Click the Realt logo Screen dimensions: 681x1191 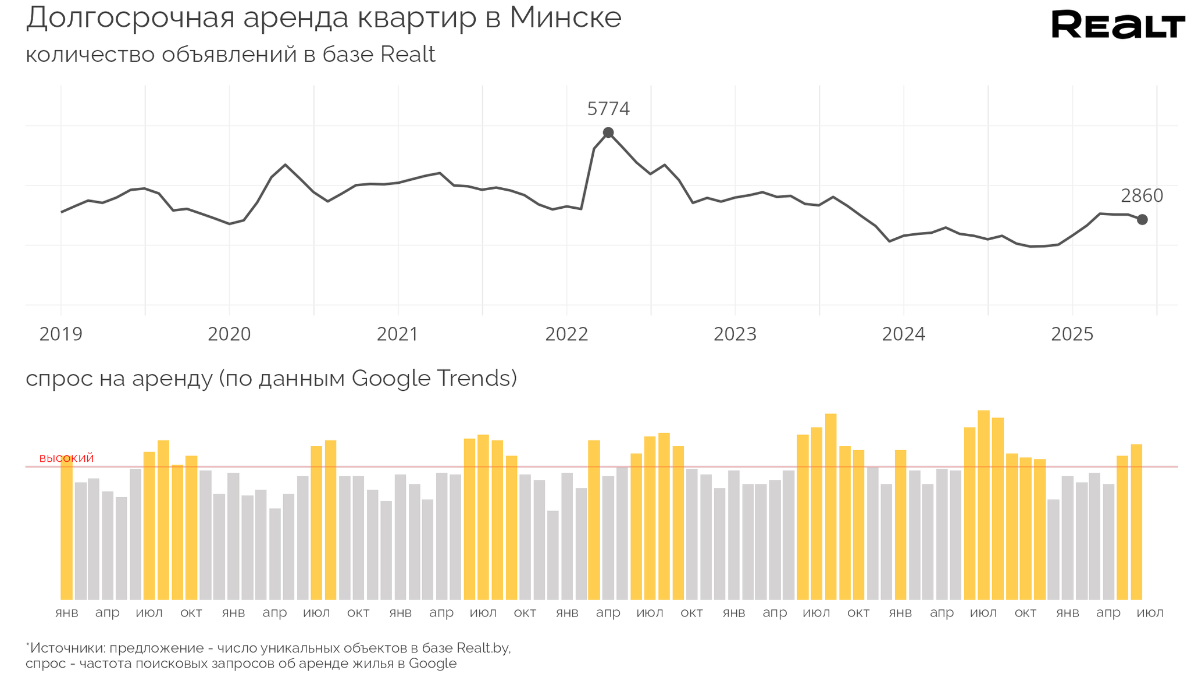[x=1118, y=25]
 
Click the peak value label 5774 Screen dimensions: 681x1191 [x=608, y=109]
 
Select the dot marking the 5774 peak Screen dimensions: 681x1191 [x=608, y=133]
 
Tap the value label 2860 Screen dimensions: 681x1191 [x=1142, y=196]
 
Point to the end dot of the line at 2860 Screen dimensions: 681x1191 [x=1142, y=219]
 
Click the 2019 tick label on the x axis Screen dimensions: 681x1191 [x=60, y=334]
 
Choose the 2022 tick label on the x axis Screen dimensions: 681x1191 [x=566, y=334]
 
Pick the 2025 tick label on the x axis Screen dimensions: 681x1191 [x=1072, y=334]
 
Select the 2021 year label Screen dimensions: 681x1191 [x=398, y=334]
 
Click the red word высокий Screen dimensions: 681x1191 [x=66, y=458]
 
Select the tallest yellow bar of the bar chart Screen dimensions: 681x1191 [x=983, y=505]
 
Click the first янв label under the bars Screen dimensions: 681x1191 [x=66, y=613]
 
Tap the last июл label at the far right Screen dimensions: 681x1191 [x=1150, y=613]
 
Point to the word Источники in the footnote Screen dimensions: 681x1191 [x=67, y=648]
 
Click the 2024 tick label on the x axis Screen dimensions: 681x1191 [x=904, y=334]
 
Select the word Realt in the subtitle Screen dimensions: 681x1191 [x=408, y=55]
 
